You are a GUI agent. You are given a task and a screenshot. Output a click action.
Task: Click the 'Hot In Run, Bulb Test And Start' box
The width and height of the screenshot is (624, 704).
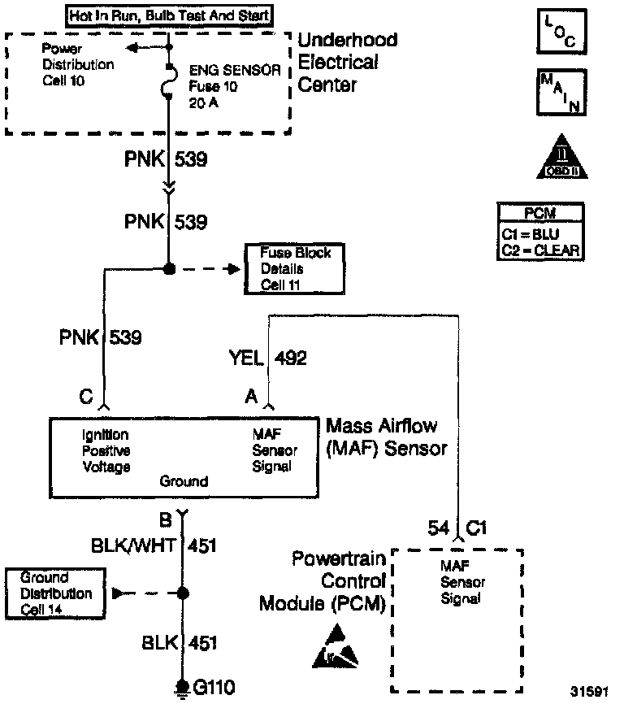(169, 15)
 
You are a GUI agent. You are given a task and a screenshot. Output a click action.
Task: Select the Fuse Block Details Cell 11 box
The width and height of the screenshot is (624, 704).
(290, 269)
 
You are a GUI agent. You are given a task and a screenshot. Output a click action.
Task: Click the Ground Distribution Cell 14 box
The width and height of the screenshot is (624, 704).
(56, 594)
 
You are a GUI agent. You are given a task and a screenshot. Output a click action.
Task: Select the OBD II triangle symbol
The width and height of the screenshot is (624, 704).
(561, 159)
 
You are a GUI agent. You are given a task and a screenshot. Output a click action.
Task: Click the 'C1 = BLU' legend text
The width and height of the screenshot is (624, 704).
(540, 233)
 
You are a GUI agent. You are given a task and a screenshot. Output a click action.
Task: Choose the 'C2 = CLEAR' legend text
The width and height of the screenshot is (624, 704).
(540, 250)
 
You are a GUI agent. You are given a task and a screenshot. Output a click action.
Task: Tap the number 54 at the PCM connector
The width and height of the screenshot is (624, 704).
(439, 528)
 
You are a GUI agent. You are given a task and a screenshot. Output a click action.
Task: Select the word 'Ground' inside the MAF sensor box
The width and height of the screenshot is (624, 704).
(184, 481)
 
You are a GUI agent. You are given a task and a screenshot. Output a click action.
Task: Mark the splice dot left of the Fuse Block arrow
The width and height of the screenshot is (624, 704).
(170, 268)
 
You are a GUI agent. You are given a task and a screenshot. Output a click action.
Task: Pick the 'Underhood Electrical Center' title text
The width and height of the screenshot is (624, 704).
(347, 62)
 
